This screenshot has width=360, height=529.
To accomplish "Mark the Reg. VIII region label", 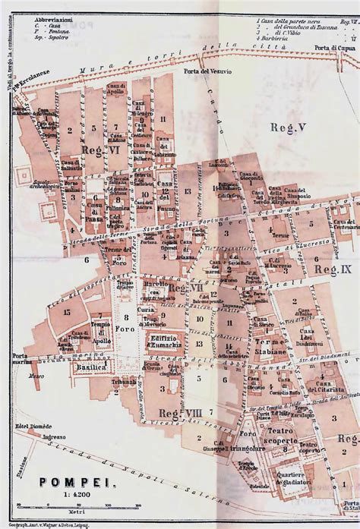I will coord(179,412).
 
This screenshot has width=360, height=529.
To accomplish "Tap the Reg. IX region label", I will coord(333,269).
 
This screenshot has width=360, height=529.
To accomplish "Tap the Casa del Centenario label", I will coord(345,225).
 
